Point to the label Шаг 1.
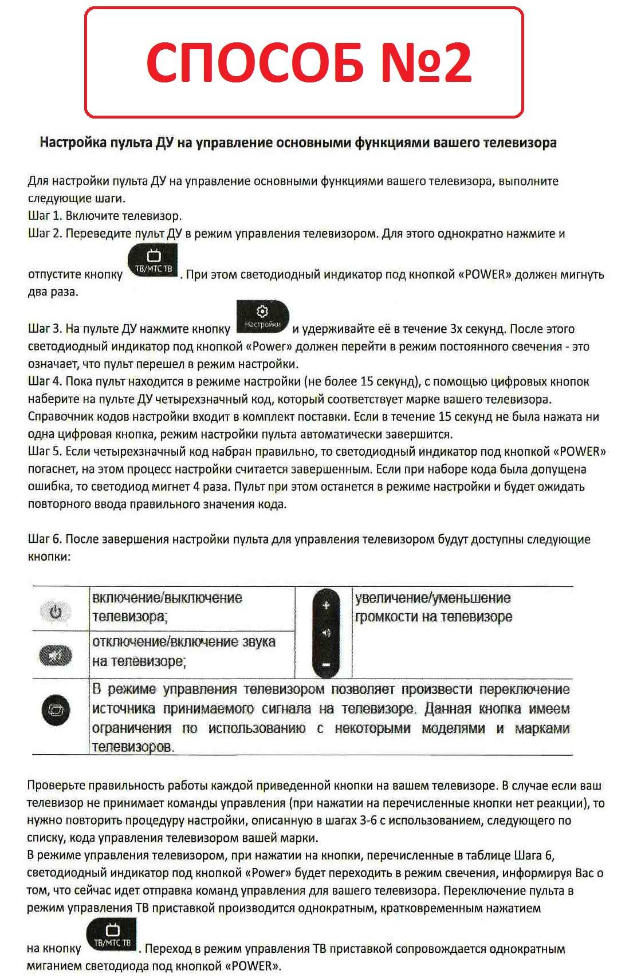tap(44, 216)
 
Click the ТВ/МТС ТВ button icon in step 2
tap(153, 261)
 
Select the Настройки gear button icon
tap(262, 316)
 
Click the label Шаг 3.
tap(44, 329)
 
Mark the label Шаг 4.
tap(44, 382)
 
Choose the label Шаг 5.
tap(44, 452)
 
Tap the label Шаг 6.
tap(44, 539)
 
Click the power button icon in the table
tap(56, 612)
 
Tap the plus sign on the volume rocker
tap(326, 605)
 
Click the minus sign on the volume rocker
tap(326, 665)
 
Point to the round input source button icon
tap(56, 711)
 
